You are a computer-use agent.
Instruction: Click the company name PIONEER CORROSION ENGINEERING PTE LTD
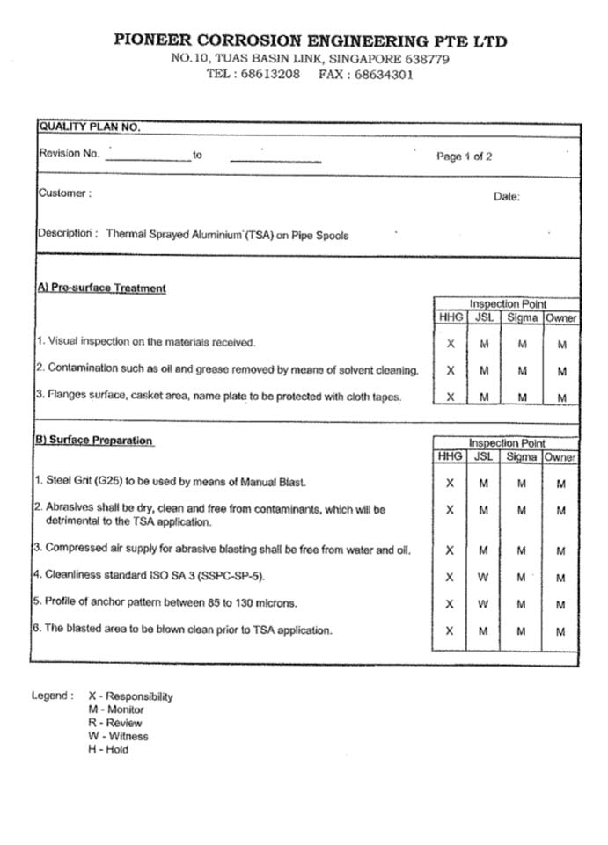(x=310, y=41)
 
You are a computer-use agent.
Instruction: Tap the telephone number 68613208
(x=270, y=75)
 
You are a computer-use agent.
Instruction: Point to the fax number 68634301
(x=384, y=75)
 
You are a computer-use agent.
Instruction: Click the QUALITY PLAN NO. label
(x=89, y=127)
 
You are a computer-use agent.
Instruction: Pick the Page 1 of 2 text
(x=464, y=157)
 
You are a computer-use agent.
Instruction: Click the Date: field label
(x=507, y=197)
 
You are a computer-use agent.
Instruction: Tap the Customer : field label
(x=64, y=193)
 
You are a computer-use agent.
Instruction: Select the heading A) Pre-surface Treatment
(x=101, y=288)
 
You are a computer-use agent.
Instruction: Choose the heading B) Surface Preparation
(x=94, y=441)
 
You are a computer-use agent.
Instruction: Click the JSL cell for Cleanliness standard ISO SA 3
(x=484, y=578)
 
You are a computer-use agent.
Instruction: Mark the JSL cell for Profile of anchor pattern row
(x=484, y=605)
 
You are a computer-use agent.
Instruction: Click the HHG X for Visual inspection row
(x=450, y=345)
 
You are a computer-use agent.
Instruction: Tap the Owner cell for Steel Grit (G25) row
(x=561, y=484)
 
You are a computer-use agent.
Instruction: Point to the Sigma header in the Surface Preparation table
(x=522, y=457)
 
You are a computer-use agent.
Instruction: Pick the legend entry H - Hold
(x=108, y=749)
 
